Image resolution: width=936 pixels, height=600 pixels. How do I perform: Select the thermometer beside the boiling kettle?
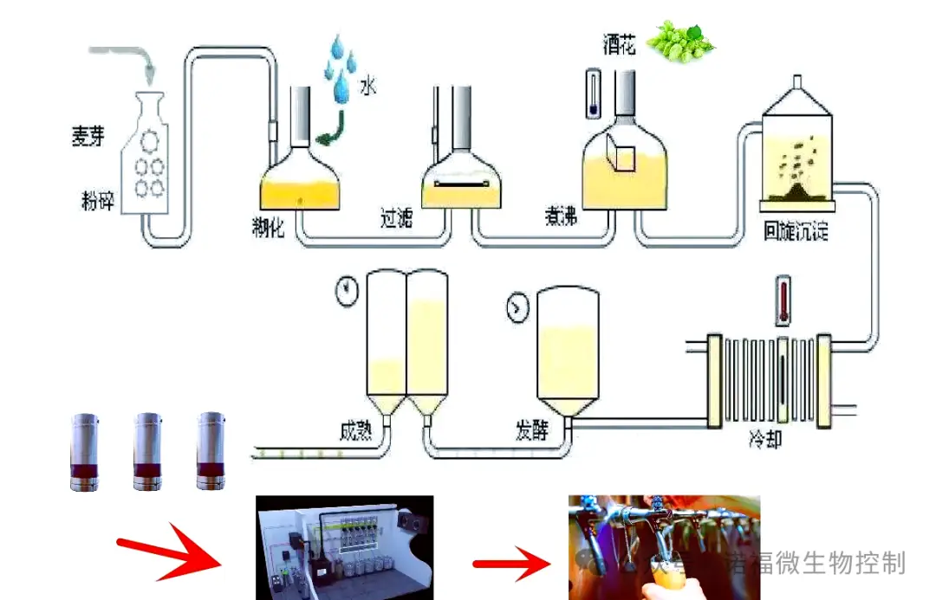(593, 94)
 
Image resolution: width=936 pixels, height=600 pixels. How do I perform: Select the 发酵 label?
(530, 428)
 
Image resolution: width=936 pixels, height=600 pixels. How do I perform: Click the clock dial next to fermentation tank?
(517, 306)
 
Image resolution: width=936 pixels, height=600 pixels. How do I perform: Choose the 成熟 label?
(358, 428)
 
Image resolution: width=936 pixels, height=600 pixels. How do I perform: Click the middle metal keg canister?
(147, 451)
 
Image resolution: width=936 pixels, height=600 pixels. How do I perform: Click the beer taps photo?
(663, 546)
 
